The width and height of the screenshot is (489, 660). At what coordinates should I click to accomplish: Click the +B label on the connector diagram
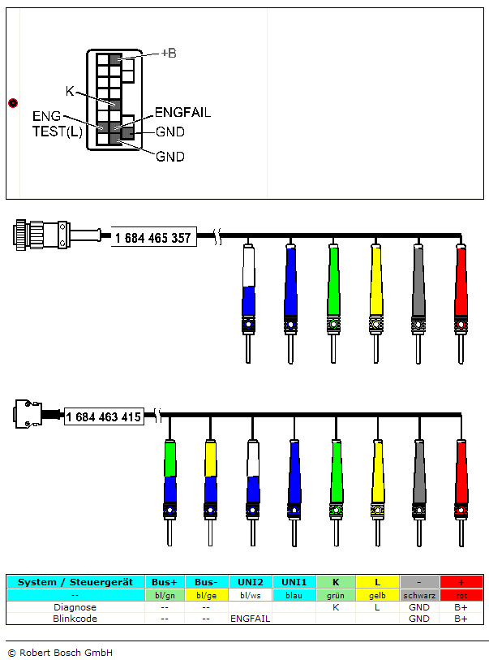coord(169,53)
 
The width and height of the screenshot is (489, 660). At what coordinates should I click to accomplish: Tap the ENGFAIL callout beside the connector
coord(182,113)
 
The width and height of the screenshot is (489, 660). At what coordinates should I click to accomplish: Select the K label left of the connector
coord(71,91)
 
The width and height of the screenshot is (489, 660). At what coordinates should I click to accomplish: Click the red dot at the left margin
coord(12,102)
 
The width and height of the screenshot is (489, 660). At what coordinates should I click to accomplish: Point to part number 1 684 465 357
coord(153,238)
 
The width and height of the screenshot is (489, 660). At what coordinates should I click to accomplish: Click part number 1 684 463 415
coord(104,417)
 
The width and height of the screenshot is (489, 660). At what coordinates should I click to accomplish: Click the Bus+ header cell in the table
coord(165,582)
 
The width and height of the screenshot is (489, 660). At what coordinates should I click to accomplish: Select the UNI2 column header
coord(251,582)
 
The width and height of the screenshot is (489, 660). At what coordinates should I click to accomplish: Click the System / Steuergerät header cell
coord(75,582)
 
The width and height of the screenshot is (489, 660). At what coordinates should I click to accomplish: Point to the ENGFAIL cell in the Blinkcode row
coord(251,618)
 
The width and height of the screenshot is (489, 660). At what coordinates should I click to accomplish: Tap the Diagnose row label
coord(75,606)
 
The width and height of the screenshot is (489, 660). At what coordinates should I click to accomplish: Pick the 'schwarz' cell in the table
coord(418,595)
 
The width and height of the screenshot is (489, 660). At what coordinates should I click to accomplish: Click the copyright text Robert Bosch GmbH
coord(60,652)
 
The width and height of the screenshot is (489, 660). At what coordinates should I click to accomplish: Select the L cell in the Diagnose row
coord(376,606)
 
